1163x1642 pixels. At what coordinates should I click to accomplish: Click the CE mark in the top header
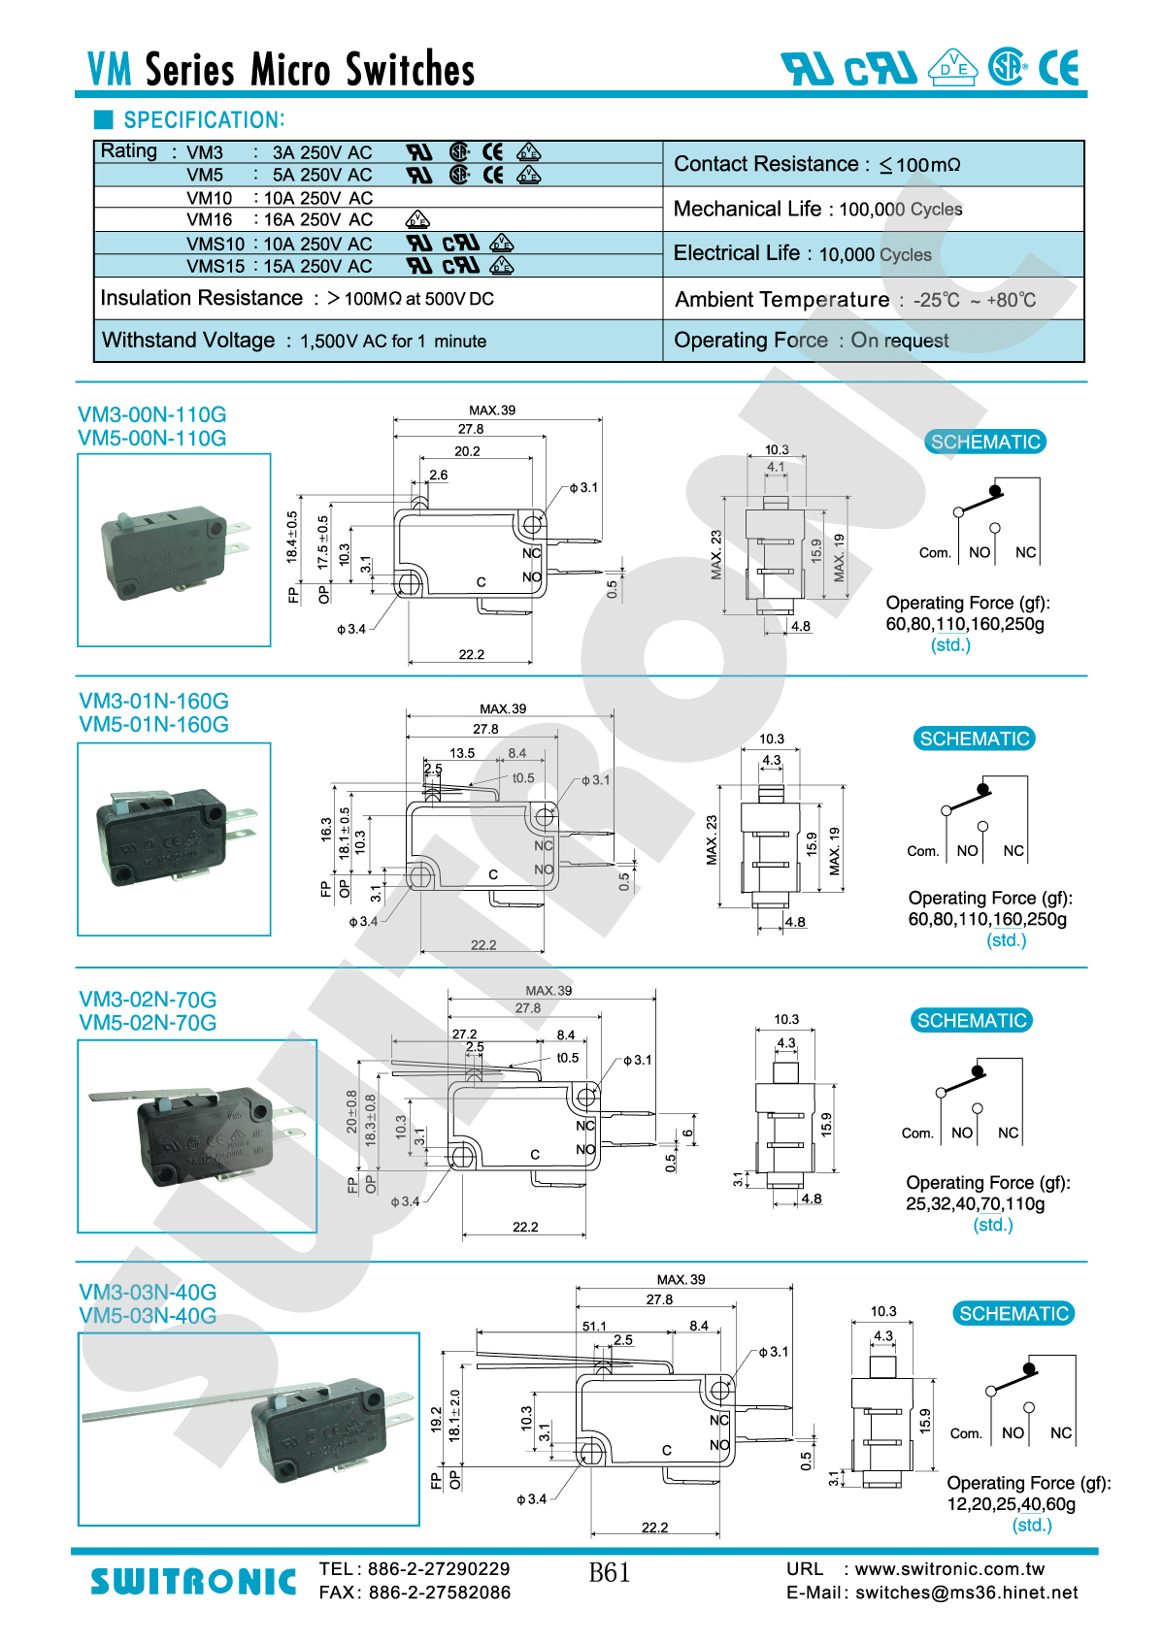click(x=1058, y=68)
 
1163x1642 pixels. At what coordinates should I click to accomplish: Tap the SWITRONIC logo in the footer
click(x=193, y=1582)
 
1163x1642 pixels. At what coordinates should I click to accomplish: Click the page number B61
click(x=610, y=1572)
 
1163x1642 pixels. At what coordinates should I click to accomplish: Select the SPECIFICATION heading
click(x=204, y=120)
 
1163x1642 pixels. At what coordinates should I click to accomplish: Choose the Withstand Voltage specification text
click(x=294, y=341)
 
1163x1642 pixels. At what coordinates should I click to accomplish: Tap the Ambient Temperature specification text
click(x=854, y=300)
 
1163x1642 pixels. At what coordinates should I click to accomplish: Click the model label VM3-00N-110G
click(x=152, y=414)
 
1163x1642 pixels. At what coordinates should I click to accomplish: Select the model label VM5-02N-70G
click(x=148, y=1023)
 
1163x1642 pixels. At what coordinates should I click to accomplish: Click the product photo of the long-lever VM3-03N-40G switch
click(x=249, y=1429)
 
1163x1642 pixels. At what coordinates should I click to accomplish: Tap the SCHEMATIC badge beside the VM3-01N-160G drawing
click(x=974, y=739)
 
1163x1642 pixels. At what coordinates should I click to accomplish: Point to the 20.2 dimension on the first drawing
click(x=467, y=451)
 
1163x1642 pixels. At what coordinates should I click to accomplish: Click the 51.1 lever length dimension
click(x=594, y=1326)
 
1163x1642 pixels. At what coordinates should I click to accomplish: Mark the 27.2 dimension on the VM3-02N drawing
click(x=464, y=1034)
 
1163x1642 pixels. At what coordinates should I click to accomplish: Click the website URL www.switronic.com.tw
click(x=949, y=1569)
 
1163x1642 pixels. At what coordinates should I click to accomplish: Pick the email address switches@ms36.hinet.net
click(x=966, y=1593)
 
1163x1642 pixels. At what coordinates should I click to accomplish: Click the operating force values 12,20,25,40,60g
click(x=1011, y=1504)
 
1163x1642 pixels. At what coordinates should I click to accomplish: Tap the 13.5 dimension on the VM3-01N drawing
click(x=462, y=753)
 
